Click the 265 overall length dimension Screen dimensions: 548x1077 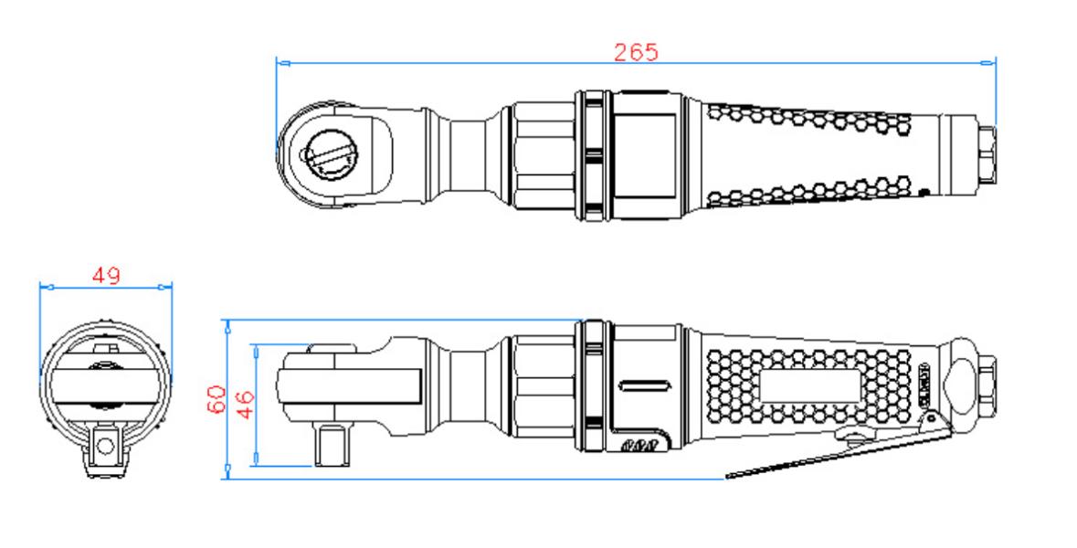[635, 52]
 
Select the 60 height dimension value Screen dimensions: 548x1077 [216, 399]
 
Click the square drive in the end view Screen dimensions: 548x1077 [105, 445]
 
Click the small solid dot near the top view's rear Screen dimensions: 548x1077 [924, 191]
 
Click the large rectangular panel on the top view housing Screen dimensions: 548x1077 [643, 153]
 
